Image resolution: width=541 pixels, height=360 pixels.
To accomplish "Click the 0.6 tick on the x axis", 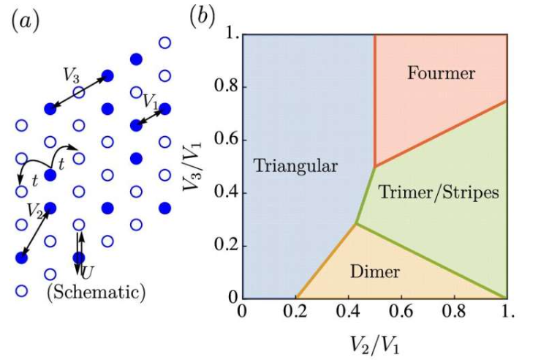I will [401, 312].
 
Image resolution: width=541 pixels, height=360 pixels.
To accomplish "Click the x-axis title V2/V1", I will [375, 341].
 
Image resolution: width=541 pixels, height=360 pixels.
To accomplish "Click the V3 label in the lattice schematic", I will [72, 75].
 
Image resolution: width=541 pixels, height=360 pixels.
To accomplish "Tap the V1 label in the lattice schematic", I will [151, 100].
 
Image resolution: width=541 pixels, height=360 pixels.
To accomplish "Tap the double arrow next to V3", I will [78, 92].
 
